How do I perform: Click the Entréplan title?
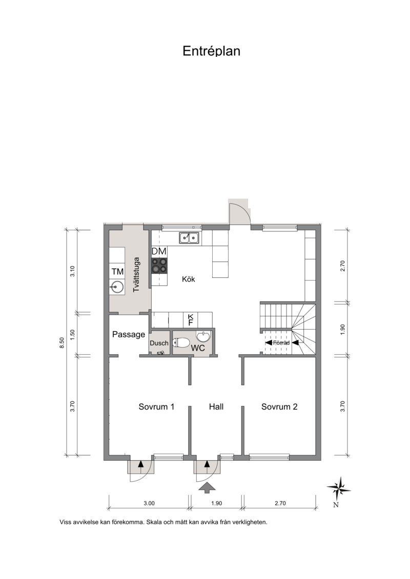tap(212, 51)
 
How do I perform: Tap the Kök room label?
tap(189, 279)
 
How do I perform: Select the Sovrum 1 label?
tap(156, 406)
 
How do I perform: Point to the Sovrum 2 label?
tap(279, 406)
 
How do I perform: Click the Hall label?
tap(216, 406)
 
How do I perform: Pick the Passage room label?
tap(129, 334)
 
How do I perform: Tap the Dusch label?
tap(159, 343)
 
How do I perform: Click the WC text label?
tap(198, 348)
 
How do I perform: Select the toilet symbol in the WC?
tap(181, 342)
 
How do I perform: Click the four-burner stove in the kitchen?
tap(159, 266)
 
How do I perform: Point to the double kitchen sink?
tap(189, 238)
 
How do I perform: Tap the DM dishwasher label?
tap(159, 251)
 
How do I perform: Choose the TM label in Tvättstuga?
tap(117, 272)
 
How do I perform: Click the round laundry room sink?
tap(117, 287)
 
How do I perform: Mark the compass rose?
tap(339, 489)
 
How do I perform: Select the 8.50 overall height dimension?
tap(61, 342)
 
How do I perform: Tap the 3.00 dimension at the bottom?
tap(149, 503)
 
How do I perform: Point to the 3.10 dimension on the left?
tap(72, 271)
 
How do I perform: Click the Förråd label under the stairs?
tap(281, 342)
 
